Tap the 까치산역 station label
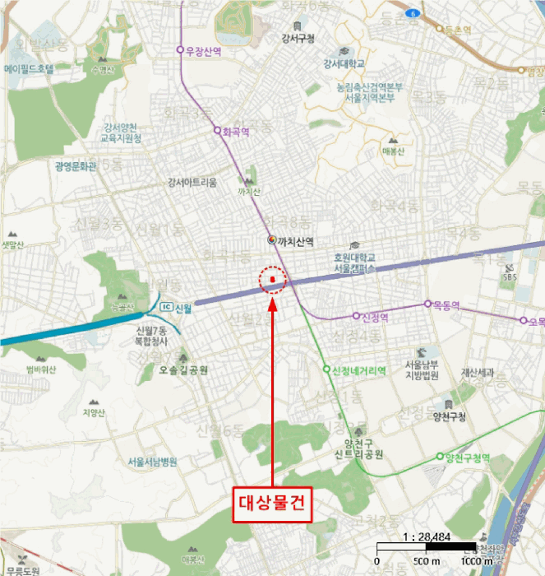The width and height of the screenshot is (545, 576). click(x=297, y=240)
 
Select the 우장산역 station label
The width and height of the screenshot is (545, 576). click(x=204, y=50)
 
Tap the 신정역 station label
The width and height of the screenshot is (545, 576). click(x=374, y=316)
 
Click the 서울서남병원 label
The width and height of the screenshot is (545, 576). click(x=153, y=462)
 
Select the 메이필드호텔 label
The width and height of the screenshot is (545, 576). click(x=29, y=69)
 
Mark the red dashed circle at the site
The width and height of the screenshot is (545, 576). click(x=272, y=281)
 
